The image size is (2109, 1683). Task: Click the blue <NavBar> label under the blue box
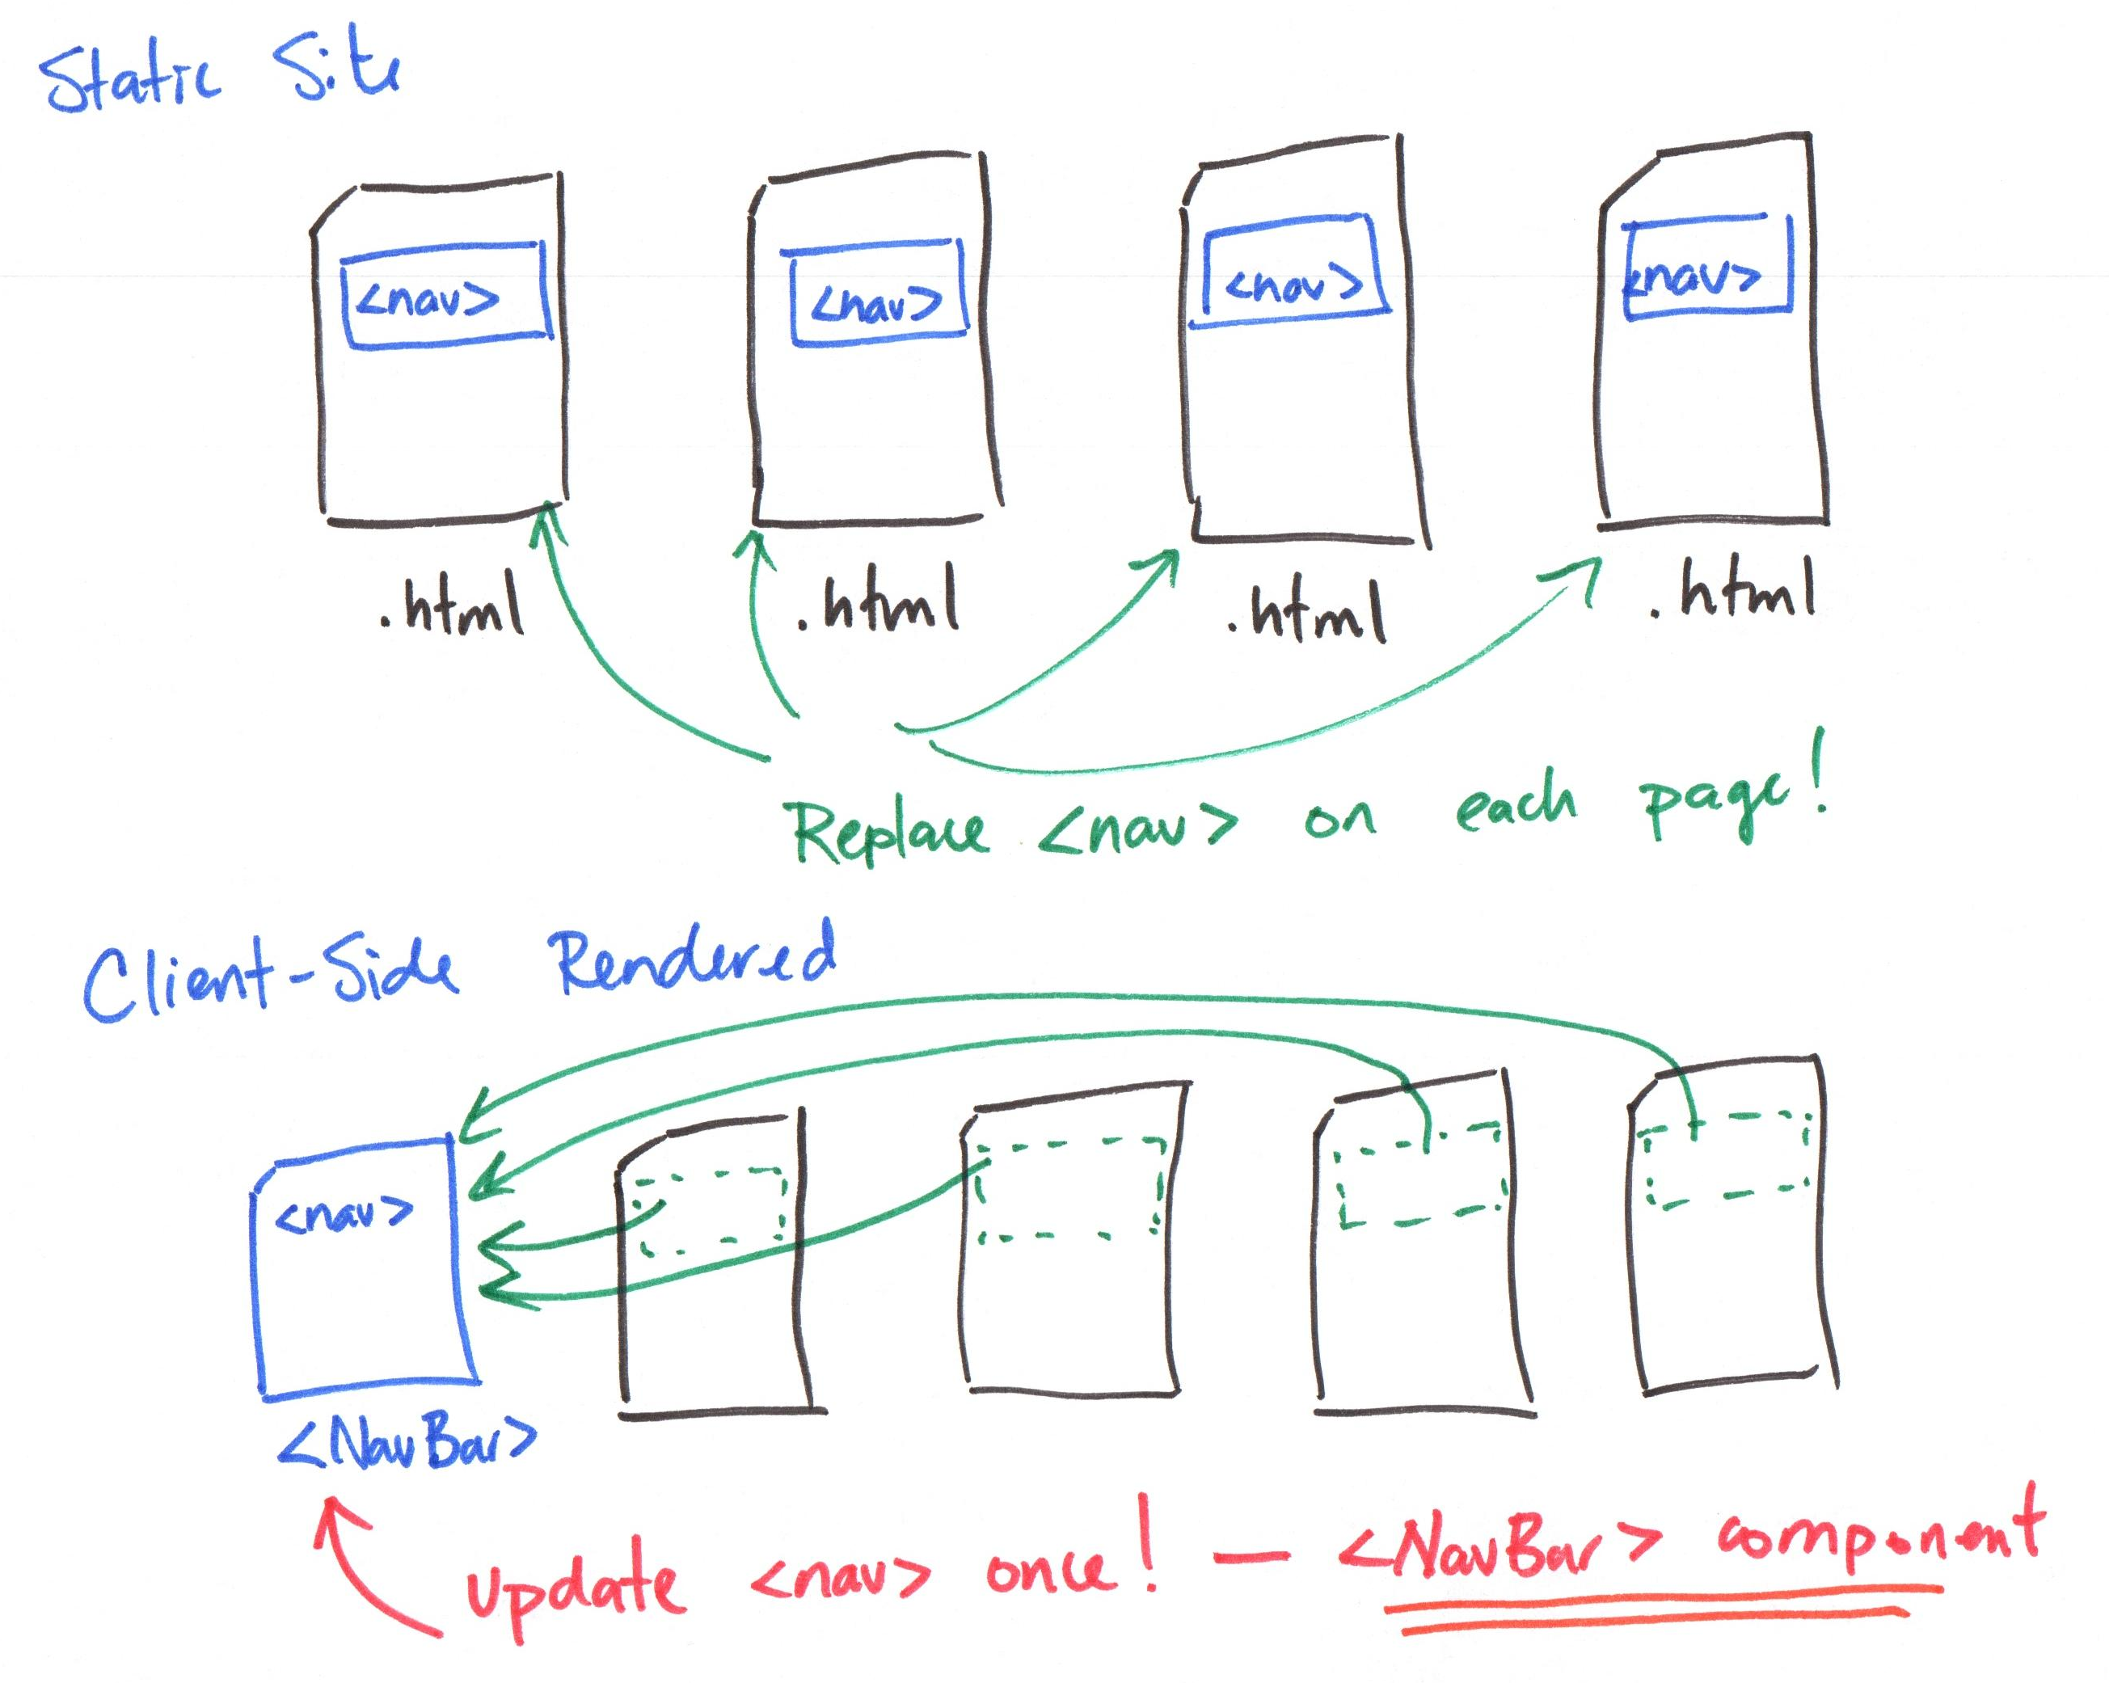click(x=407, y=1442)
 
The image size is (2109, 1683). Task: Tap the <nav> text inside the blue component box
click(x=344, y=1213)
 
